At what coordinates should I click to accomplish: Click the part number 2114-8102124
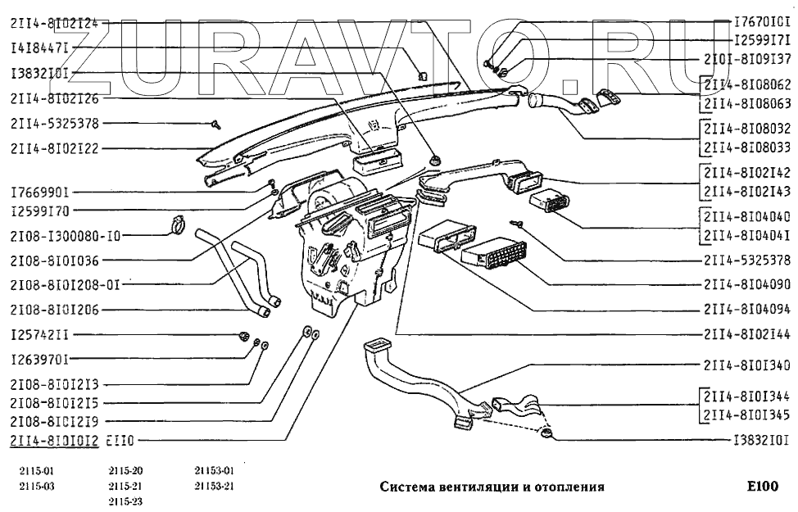[54, 24]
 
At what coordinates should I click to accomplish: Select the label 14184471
[40, 48]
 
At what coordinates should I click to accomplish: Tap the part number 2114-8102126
[54, 98]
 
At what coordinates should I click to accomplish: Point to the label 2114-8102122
[54, 148]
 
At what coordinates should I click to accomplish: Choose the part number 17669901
[40, 193]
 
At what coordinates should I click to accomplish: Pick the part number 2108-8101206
[54, 310]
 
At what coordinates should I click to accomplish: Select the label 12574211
[40, 336]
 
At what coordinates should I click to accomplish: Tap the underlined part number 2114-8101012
[54, 441]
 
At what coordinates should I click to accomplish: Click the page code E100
[761, 486]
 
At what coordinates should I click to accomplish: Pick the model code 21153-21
[215, 485]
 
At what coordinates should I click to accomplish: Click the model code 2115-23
[125, 501]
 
